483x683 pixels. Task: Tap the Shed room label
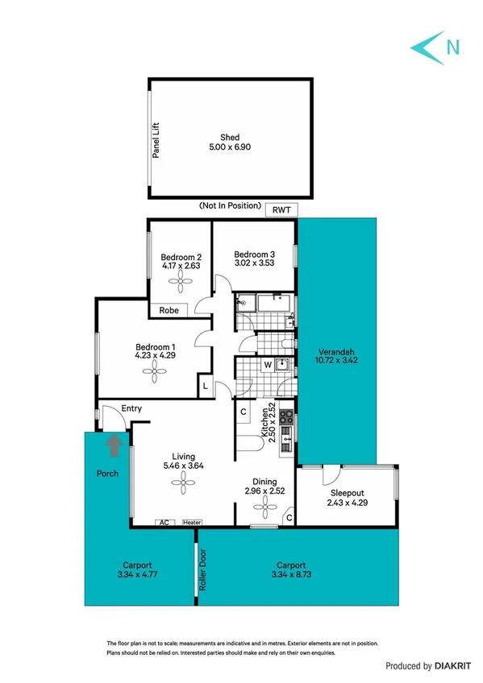(x=230, y=137)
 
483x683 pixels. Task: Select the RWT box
(x=282, y=210)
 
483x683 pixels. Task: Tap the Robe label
(x=169, y=310)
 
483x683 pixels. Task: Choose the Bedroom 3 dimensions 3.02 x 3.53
(x=254, y=261)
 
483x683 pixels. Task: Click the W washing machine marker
(x=267, y=364)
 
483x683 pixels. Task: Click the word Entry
(x=131, y=409)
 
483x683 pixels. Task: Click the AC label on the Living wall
(x=164, y=522)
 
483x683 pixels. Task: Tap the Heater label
(x=191, y=522)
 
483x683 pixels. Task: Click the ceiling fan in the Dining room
(x=263, y=507)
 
